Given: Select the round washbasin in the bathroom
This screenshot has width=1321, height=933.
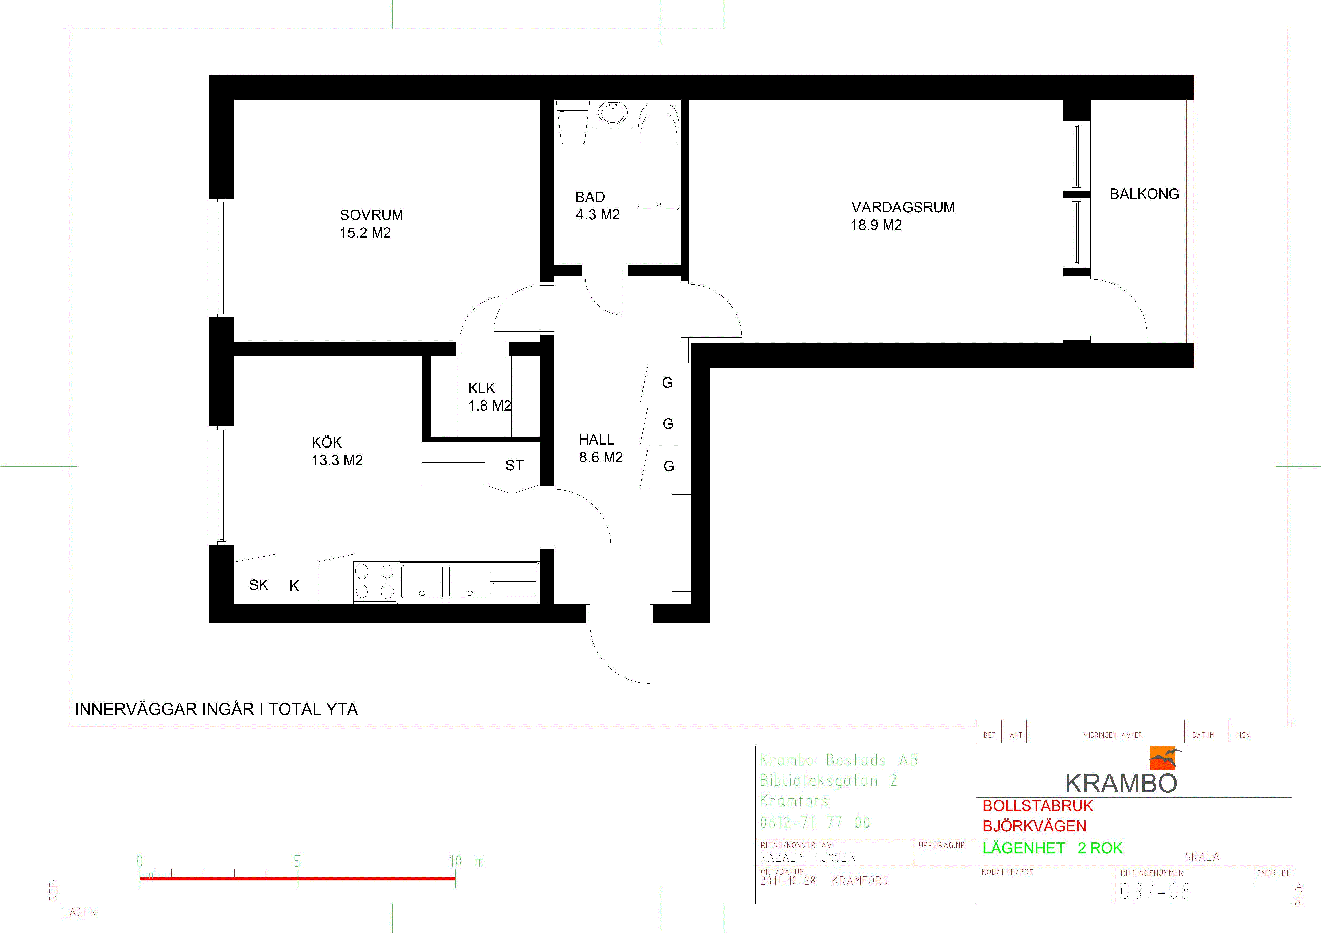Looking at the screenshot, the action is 614,113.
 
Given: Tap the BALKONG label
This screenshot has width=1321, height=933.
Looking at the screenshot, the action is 1144,194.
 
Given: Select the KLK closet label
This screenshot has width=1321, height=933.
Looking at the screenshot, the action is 482,388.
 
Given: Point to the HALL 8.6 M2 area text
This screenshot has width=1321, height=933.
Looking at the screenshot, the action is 601,448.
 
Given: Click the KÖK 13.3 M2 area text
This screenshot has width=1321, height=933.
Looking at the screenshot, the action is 337,451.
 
